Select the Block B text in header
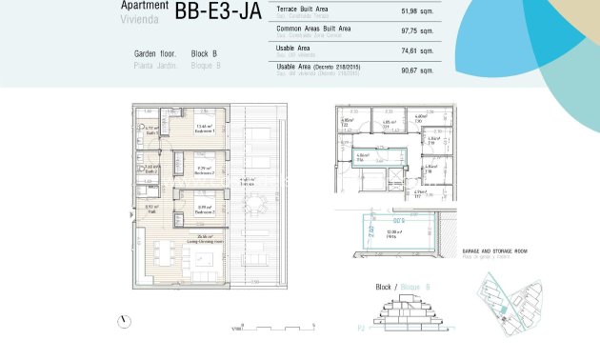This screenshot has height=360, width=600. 205,54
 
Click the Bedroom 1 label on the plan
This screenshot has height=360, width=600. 204,131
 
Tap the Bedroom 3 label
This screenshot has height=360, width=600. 204,210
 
